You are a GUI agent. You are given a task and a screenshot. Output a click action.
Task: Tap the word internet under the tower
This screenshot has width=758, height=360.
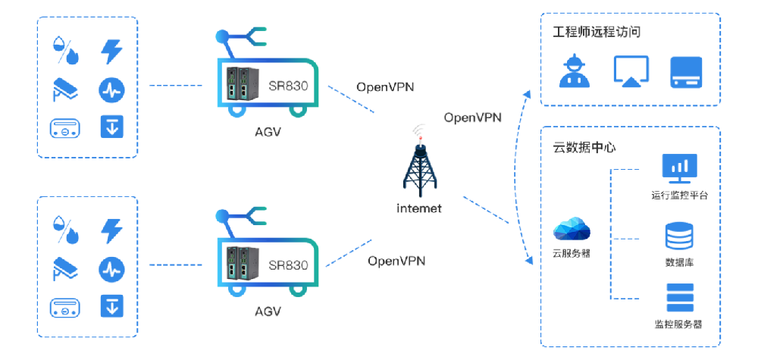coord(418,208)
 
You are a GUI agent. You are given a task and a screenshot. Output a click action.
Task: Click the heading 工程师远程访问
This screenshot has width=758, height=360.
coord(597,33)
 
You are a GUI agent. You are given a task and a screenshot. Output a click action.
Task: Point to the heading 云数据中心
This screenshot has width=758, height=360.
coord(584,147)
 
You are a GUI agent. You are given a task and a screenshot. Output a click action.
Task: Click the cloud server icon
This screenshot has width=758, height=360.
coord(572,228)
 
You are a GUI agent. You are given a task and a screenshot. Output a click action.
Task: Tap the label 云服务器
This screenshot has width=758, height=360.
coord(572,253)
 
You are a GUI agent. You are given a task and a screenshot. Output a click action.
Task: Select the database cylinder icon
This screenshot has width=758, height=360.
coord(678,236)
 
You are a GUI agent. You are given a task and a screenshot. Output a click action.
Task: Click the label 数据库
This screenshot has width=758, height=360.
coord(678,262)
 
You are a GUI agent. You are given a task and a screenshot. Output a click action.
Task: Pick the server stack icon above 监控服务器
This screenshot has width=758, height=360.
coord(678,298)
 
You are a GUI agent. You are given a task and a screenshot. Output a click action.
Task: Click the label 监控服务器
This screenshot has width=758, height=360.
coord(678,324)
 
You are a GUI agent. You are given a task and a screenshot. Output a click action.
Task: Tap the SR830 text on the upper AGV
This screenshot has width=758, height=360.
coord(287,85)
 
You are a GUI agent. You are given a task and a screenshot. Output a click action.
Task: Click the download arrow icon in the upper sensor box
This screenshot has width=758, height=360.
coord(112,127)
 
